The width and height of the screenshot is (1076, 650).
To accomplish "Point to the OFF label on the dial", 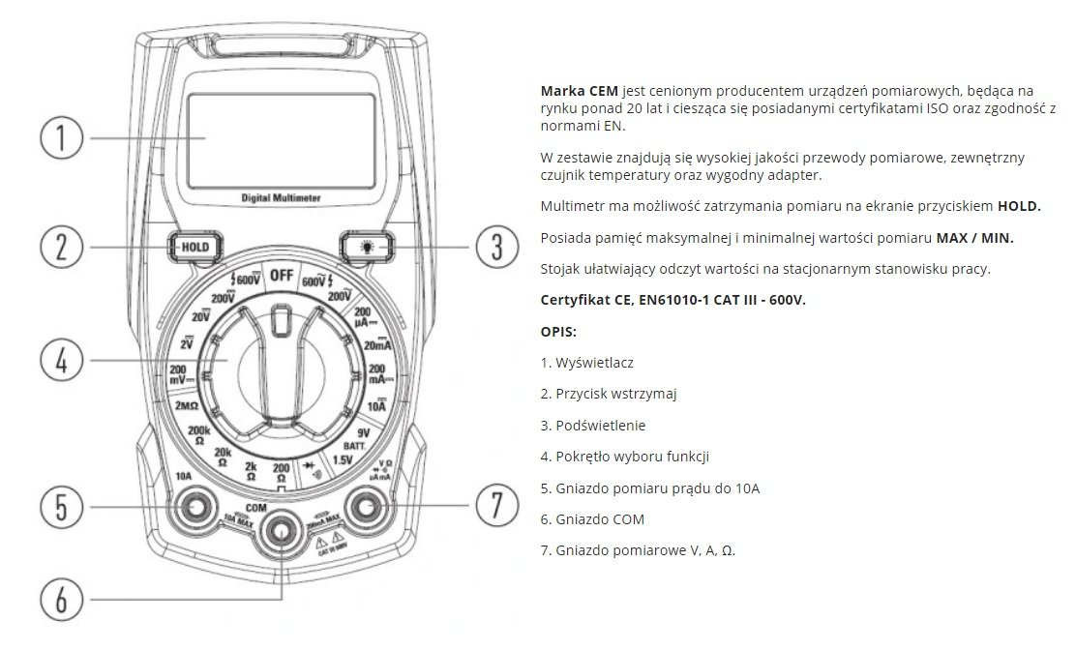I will [282, 275].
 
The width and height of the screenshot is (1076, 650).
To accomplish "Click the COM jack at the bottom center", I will [282, 530].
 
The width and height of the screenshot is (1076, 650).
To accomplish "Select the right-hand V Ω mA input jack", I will [369, 506].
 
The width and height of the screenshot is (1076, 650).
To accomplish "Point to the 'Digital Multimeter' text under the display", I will [282, 197].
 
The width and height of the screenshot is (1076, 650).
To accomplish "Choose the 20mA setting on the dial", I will [377, 344].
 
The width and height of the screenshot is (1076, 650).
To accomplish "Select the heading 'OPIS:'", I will [558, 331].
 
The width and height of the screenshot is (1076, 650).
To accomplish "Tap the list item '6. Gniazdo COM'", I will [592, 519].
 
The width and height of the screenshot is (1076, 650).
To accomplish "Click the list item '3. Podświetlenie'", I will [593, 425].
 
